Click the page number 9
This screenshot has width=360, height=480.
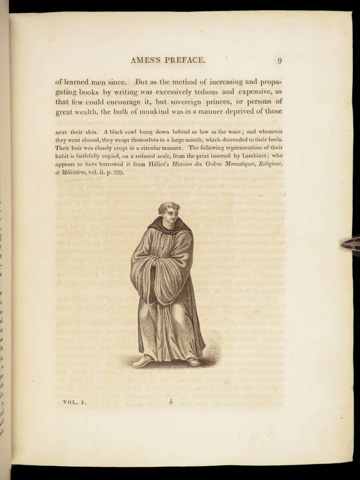point(279,60)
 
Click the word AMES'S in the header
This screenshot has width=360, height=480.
point(147,60)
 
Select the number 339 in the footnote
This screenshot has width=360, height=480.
point(117,173)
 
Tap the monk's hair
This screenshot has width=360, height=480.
point(168,207)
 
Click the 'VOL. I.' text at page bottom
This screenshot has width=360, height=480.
point(74,402)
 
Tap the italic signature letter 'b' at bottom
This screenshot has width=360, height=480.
point(170,402)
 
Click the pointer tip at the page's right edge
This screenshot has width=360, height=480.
point(342,245)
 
